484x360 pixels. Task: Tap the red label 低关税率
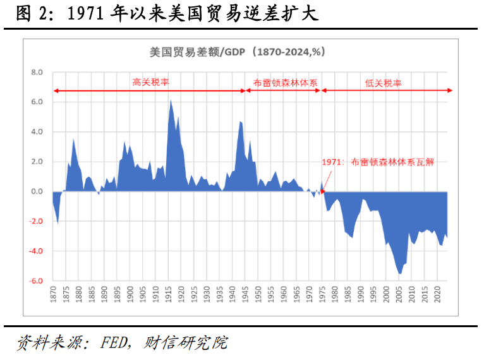tap(384, 82)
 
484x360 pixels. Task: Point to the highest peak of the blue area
tap(170, 100)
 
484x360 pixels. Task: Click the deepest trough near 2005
tap(399, 273)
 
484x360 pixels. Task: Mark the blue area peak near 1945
tap(240, 121)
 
